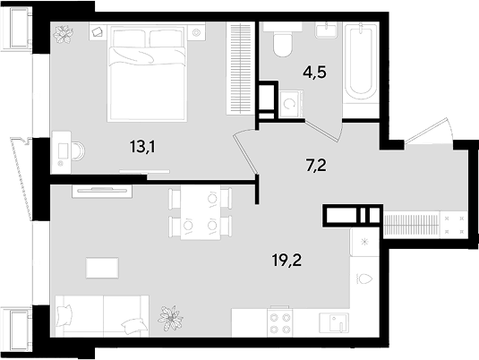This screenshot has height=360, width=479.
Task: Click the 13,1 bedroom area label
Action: pos(142,146)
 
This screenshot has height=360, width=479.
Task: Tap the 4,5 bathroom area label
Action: pos(314,73)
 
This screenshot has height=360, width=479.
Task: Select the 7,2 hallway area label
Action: pos(316,166)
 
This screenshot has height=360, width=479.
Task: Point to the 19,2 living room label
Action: pos(287,260)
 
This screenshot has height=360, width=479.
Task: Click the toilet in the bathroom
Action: pos(282,39)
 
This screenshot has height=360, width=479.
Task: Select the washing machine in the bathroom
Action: pos(292,104)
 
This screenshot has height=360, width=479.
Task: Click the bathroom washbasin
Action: pos(327,30)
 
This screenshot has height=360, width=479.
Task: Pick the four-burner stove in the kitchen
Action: pos(280,322)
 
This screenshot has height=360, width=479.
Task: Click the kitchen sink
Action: pos(334,322)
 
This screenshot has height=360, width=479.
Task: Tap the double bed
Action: pos(147,73)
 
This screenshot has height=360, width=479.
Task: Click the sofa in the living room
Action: pos(102,316)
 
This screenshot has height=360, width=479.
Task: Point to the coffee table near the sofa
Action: pos(102,268)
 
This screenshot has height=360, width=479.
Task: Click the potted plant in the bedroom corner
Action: pos(64,34)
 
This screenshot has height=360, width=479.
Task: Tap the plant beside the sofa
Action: pos(170,318)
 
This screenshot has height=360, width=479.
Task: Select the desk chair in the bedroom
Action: pos(79,150)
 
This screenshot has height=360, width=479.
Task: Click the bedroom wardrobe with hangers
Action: pos(241,68)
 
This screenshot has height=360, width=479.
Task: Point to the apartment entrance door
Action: pos(429,131)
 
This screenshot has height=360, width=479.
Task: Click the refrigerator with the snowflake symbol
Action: pos(364,242)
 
